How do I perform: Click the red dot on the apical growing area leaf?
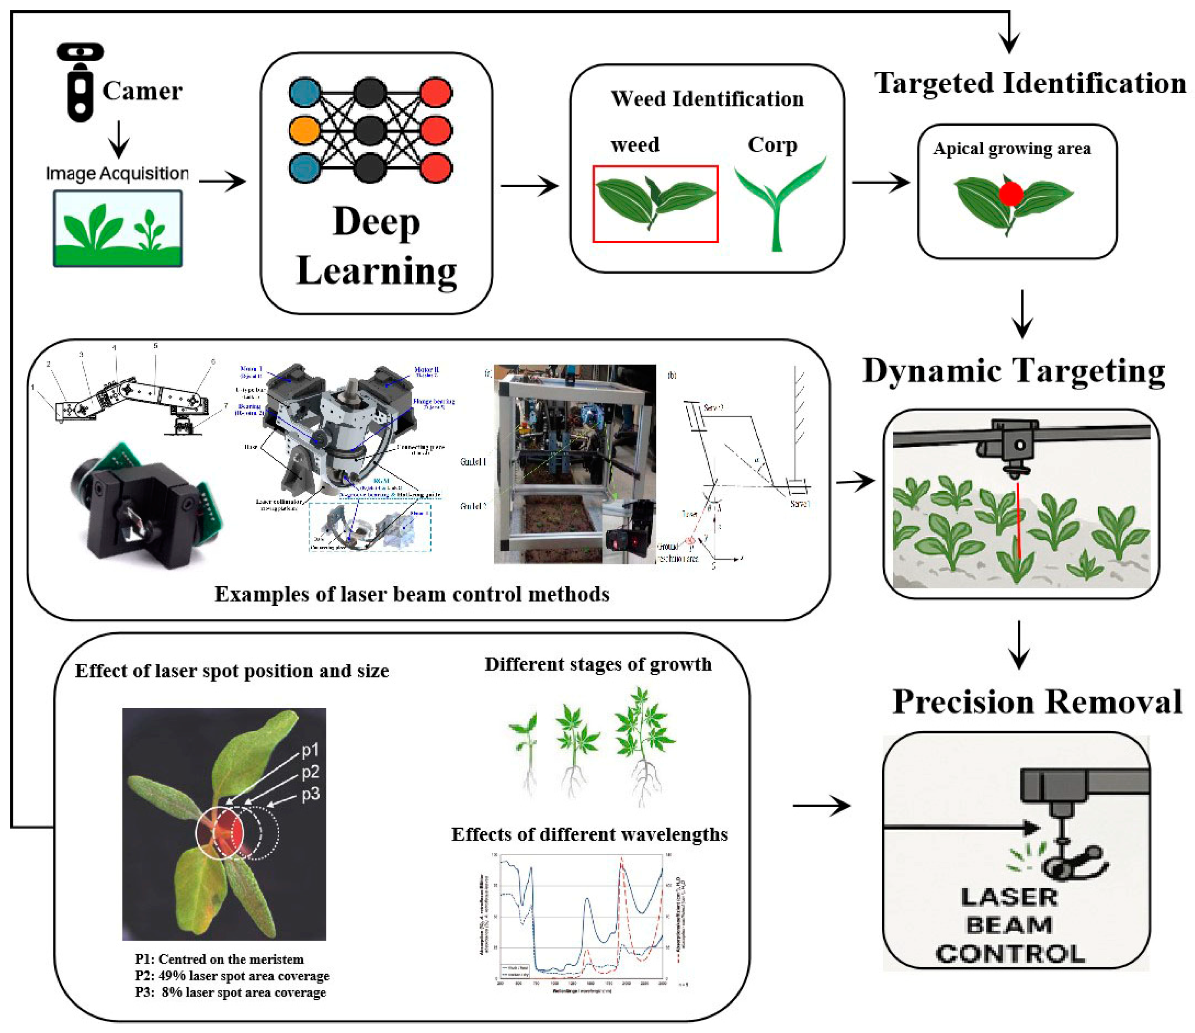pyautogui.click(x=1011, y=194)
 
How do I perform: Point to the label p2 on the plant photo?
pyautogui.click(x=310, y=772)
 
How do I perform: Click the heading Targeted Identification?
pyautogui.click(x=1030, y=83)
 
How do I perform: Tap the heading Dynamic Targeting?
pyautogui.click(x=1014, y=370)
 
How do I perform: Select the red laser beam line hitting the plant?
pyautogui.click(x=1019, y=519)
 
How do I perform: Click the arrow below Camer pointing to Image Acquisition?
pyautogui.click(x=119, y=138)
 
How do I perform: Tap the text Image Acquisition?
pyautogui.click(x=117, y=173)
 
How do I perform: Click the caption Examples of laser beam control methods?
pyautogui.click(x=412, y=594)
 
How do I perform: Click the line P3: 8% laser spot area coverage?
pyautogui.click(x=231, y=992)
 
